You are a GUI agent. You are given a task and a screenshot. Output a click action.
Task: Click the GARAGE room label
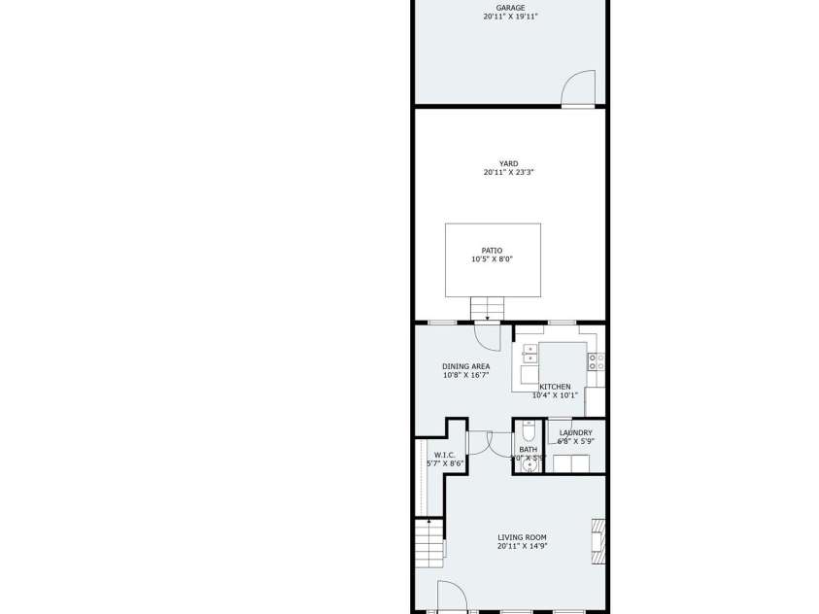click(510, 8)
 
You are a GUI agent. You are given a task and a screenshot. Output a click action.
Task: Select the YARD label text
click(509, 164)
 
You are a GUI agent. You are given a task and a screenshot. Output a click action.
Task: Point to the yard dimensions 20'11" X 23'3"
click(509, 173)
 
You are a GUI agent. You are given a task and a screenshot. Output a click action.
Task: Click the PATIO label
click(493, 251)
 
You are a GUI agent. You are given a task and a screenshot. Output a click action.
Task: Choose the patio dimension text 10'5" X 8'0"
click(493, 259)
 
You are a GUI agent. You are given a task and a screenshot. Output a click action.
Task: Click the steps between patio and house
click(487, 308)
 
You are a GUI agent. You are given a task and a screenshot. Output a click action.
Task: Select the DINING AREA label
click(465, 366)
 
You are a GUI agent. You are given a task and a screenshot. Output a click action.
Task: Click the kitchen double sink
click(529, 353)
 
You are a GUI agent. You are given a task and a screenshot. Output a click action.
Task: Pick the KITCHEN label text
click(555, 387)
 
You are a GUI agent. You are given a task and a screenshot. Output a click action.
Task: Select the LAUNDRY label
click(575, 433)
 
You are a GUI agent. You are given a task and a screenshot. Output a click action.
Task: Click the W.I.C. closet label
click(445, 455)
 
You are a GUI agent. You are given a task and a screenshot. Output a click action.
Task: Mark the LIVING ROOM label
click(522, 537)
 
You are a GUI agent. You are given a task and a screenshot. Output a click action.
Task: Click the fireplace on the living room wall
click(598, 541)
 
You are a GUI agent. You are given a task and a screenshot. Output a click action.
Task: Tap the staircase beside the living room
click(427, 547)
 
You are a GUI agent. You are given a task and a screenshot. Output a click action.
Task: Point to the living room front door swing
click(450, 596)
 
